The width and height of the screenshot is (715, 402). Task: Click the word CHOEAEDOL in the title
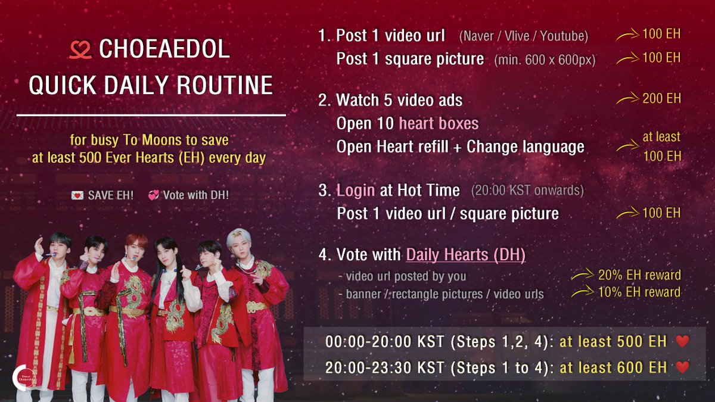pyautogui.click(x=164, y=49)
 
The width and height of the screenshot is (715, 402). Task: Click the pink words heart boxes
pyautogui.click(x=439, y=123)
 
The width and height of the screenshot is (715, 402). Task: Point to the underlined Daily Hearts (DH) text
pyautogui.click(x=465, y=255)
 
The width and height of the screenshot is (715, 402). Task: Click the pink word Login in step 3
pyautogui.click(x=356, y=191)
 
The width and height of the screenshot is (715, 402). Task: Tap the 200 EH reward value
pyautogui.click(x=661, y=98)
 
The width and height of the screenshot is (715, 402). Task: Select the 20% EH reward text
pyautogui.click(x=639, y=275)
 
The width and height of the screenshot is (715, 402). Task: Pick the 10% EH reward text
pyautogui.click(x=639, y=292)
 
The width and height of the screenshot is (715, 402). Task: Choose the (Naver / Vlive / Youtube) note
pyautogui.click(x=523, y=37)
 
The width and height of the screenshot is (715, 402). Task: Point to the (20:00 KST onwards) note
pyautogui.click(x=527, y=191)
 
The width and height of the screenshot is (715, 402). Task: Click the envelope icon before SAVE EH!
pyautogui.click(x=77, y=195)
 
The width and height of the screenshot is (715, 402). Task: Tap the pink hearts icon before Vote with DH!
pyautogui.click(x=153, y=195)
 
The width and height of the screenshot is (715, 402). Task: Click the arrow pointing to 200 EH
pyautogui.click(x=627, y=99)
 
